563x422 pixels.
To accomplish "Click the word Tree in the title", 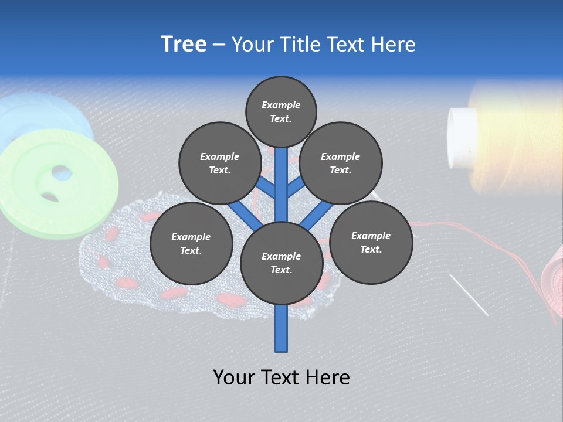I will pyautogui.click(x=184, y=45).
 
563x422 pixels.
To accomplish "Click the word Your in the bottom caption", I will pyautogui.click(x=234, y=377).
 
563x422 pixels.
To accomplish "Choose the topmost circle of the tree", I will pyautogui.click(x=281, y=111).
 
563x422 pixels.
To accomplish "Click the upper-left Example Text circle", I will pyautogui.click(x=219, y=163).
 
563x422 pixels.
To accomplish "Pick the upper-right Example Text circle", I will pyautogui.click(x=341, y=163).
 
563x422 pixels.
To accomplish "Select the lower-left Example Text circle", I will pyautogui.click(x=191, y=243).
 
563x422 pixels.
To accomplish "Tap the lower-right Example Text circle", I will pyautogui.click(x=371, y=241).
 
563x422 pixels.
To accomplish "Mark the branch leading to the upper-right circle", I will pyautogui.click(x=296, y=187).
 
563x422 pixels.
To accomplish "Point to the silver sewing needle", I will pyautogui.click(x=469, y=295).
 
